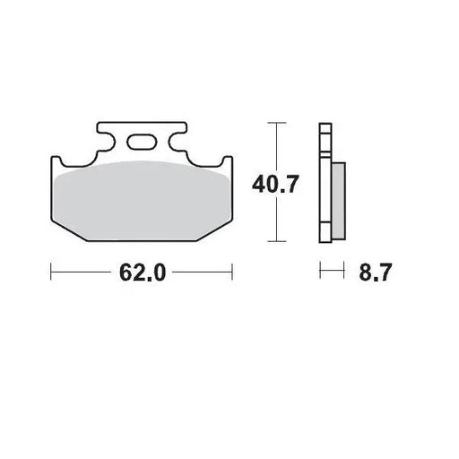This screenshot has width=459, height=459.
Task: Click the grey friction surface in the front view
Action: pyautogui.click(x=142, y=202)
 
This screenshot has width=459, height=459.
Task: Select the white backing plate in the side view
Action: pyautogui.click(x=325, y=188)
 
